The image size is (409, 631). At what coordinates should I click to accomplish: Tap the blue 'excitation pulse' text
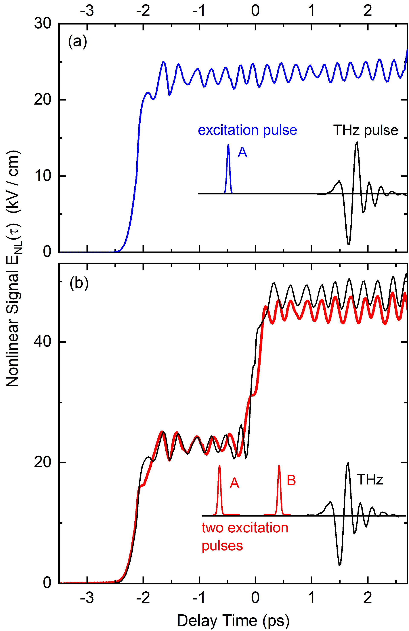(x=247, y=130)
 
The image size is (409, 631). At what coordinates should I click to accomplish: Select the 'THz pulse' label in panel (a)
(x=366, y=130)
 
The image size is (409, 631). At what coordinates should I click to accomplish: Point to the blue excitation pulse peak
(x=228, y=145)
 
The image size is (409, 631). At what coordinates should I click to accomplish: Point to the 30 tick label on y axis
(x=42, y=24)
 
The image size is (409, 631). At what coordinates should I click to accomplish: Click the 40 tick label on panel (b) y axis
(x=42, y=342)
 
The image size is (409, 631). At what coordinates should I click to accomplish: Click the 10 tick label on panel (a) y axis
(x=42, y=176)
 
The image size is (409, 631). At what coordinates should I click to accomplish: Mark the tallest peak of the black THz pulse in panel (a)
(x=357, y=142)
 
